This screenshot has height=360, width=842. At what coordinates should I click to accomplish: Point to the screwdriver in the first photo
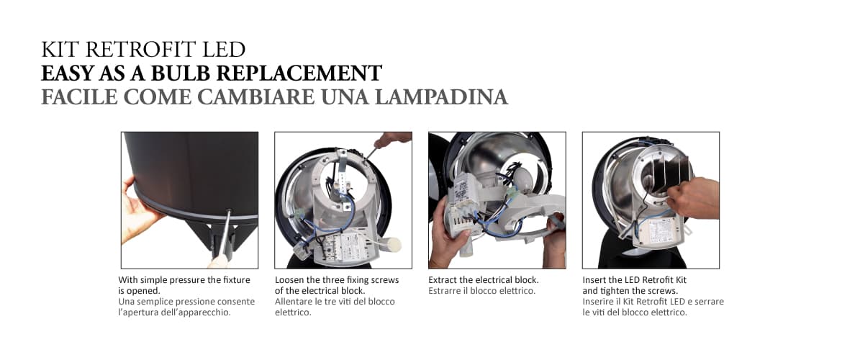[x=226, y=234]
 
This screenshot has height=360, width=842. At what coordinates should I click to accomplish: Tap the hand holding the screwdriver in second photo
[x=393, y=139]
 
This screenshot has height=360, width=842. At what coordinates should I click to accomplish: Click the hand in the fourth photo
[x=694, y=198]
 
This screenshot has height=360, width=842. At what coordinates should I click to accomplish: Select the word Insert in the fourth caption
[x=596, y=279]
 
